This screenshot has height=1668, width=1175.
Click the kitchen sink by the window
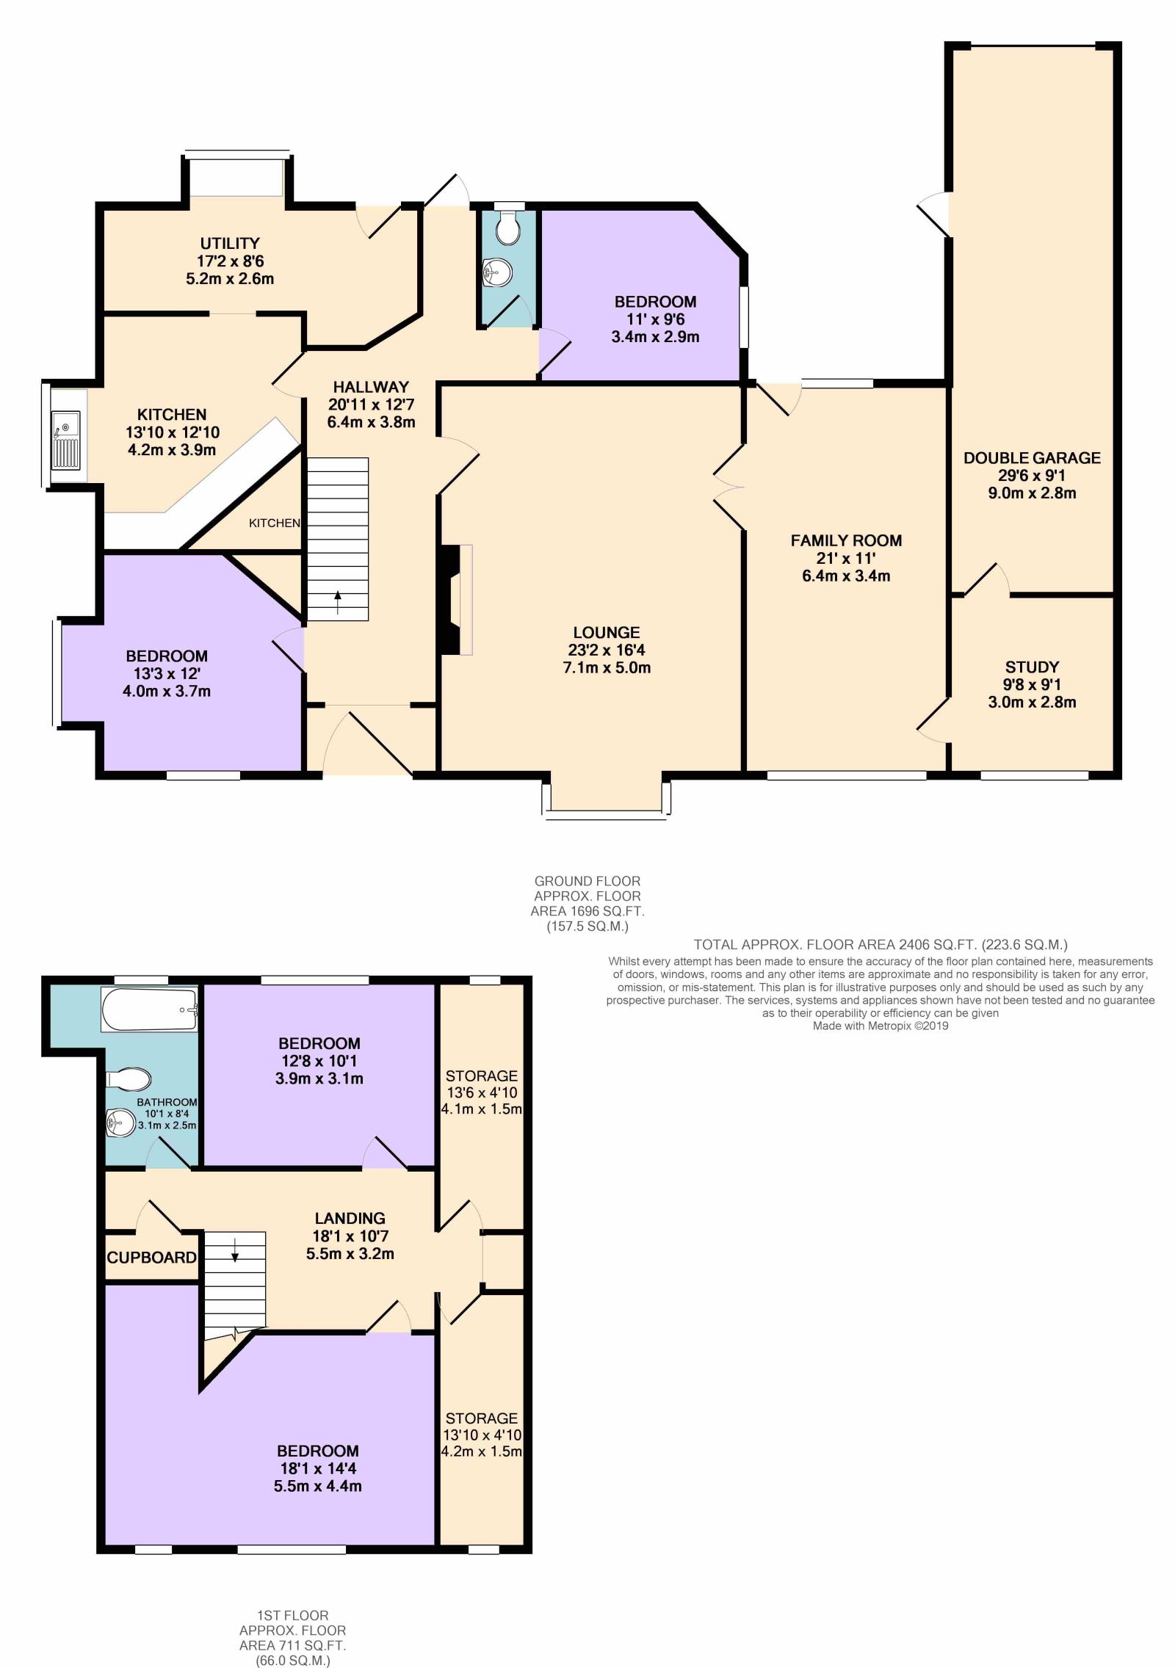(x=65, y=440)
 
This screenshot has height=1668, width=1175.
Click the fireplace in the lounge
(x=455, y=599)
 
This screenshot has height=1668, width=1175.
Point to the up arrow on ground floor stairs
(x=338, y=602)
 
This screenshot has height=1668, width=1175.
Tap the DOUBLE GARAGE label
(x=1032, y=458)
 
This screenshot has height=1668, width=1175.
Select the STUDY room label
(x=1032, y=667)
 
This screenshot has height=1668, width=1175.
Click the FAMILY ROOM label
(x=846, y=540)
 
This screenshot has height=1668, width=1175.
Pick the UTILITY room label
(x=230, y=243)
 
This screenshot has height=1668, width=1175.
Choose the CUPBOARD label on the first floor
(x=152, y=1257)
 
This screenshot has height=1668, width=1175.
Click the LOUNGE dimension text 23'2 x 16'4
(x=607, y=650)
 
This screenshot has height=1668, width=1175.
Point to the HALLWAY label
(x=371, y=387)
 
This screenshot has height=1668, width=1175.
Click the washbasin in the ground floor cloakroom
(x=496, y=273)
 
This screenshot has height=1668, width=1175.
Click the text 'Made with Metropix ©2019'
(x=881, y=1026)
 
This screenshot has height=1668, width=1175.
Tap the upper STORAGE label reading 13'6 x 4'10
(x=482, y=1076)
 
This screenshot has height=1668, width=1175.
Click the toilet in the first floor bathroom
(x=129, y=1079)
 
